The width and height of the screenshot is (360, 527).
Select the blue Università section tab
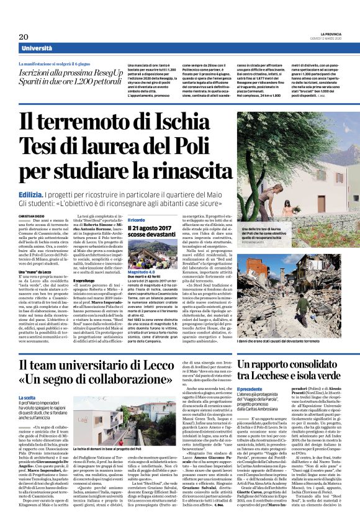pyautogui.click(x=37, y=49)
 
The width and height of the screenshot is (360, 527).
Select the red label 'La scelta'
pyautogui.click(x=27, y=396)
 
